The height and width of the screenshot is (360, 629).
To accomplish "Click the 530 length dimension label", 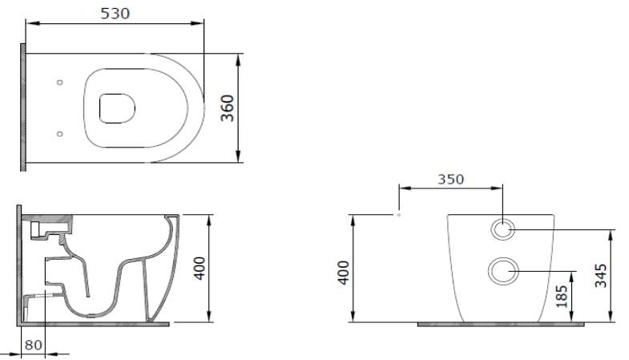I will [x=115, y=13].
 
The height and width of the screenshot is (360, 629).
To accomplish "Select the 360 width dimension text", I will [x=228, y=108].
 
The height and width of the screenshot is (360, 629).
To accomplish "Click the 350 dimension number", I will [x=450, y=180].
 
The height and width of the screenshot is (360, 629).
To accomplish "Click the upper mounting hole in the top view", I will [x=60, y=82].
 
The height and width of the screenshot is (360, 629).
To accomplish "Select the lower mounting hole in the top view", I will [x=60, y=134].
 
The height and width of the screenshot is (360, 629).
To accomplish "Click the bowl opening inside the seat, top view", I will [x=116, y=108].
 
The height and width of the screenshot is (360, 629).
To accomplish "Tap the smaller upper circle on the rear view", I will [x=502, y=229].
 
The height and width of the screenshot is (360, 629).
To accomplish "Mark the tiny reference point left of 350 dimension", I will [x=398, y=215].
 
